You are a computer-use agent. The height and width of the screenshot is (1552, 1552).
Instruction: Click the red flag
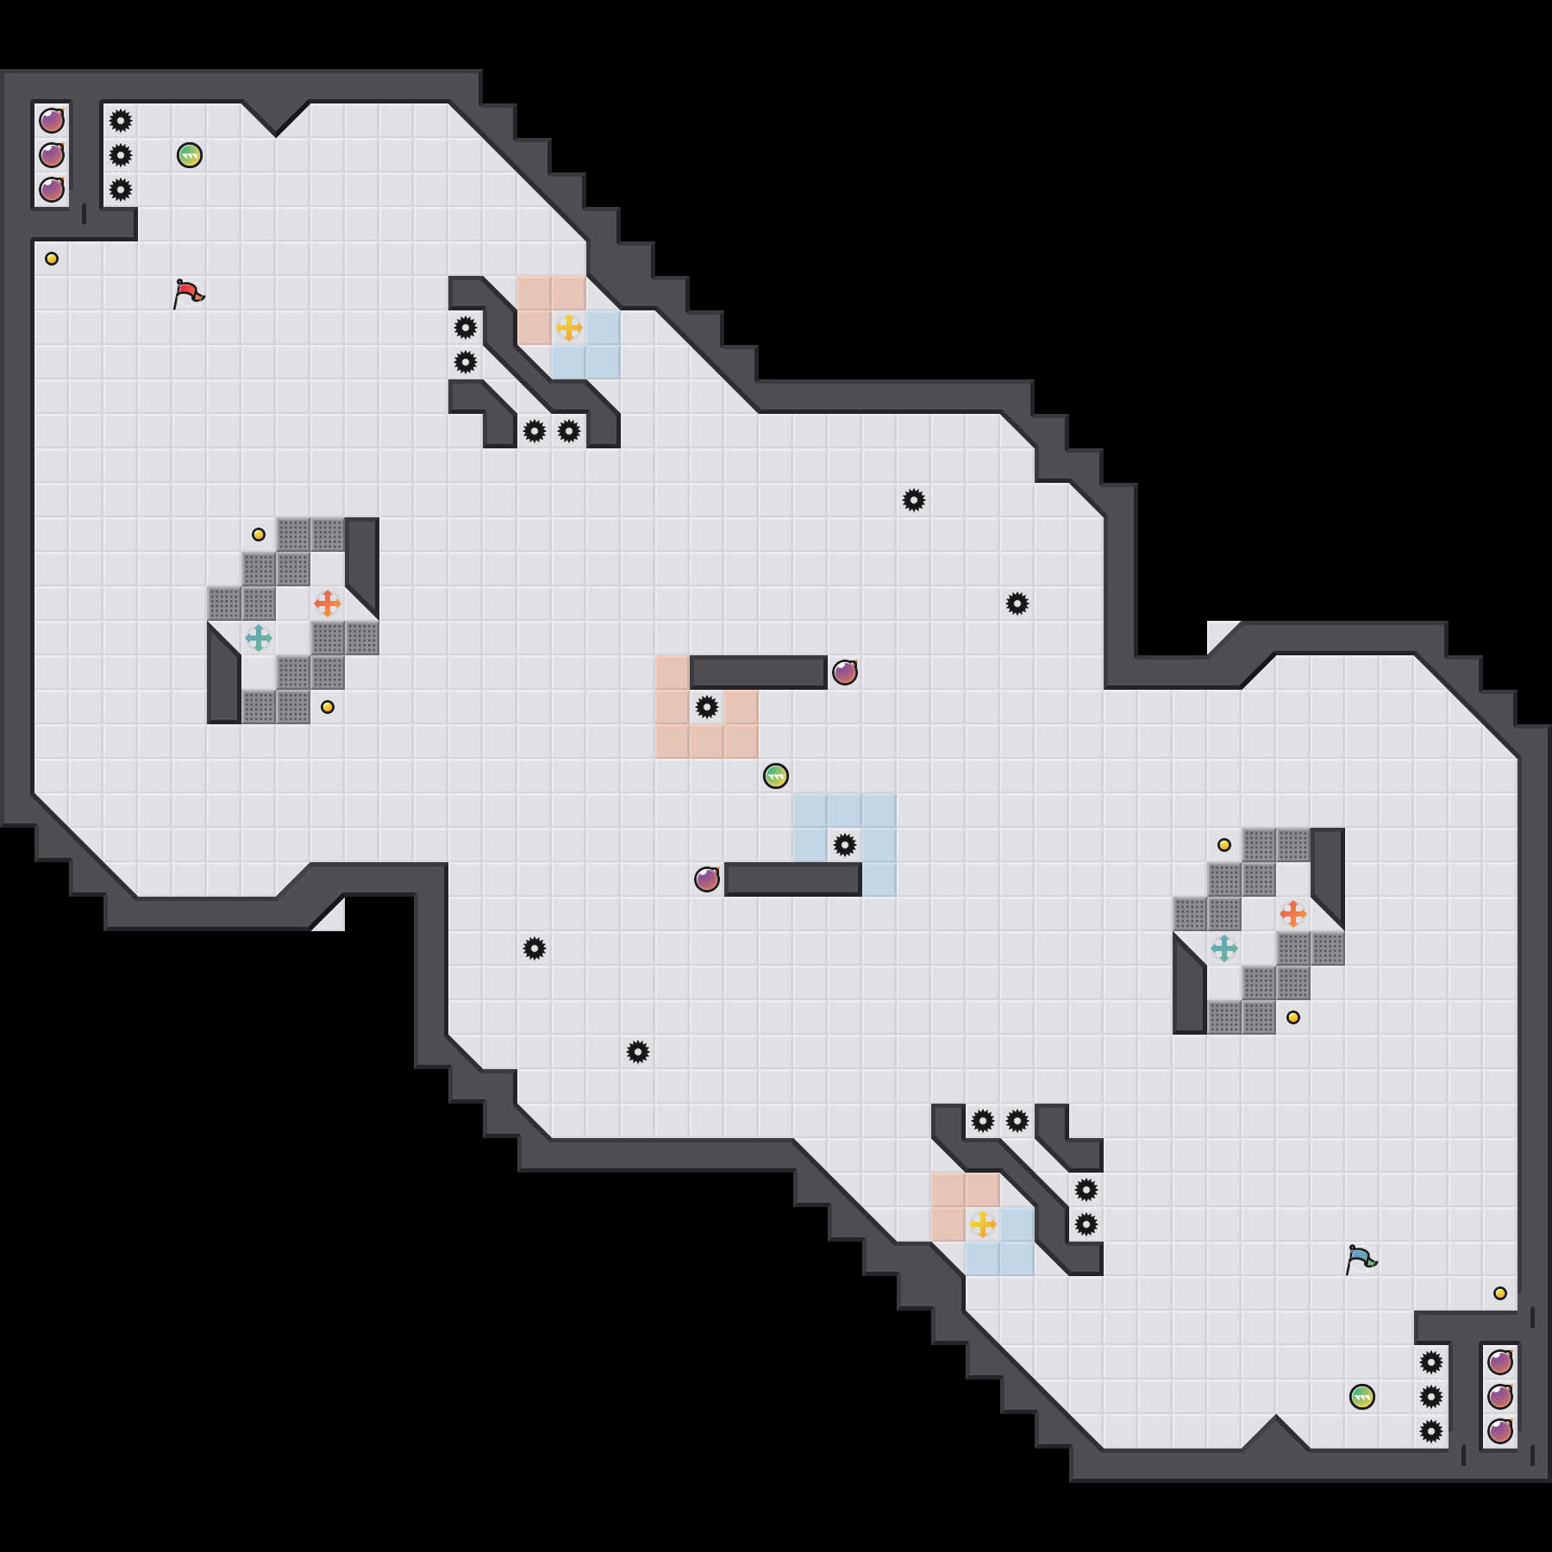click(x=188, y=293)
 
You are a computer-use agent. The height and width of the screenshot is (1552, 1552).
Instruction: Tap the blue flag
click(x=1361, y=1259)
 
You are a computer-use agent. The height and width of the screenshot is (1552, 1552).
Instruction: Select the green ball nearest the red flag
click(x=190, y=155)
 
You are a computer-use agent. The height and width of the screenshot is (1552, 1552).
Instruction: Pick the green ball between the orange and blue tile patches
click(x=776, y=776)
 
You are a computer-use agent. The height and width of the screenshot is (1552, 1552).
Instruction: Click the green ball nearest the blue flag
click(x=1362, y=1397)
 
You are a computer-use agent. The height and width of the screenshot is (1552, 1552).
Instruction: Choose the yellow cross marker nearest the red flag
click(x=569, y=328)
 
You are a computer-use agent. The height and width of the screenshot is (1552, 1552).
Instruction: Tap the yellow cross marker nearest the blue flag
click(x=983, y=1224)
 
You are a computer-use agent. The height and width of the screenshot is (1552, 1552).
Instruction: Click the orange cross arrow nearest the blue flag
click(x=1293, y=914)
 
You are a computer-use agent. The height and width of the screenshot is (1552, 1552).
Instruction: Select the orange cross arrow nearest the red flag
click(x=328, y=604)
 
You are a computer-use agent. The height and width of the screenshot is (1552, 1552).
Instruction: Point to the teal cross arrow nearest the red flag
click(x=259, y=638)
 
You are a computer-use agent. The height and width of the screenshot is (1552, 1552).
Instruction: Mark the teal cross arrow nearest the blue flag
click(x=1224, y=948)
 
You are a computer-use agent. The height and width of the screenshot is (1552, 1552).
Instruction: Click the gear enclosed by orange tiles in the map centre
click(x=707, y=707)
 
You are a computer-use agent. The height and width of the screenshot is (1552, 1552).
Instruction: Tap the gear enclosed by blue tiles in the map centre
click(x=845, y=845)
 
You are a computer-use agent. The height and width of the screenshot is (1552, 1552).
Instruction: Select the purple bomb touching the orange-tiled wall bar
click(x=845, y=673)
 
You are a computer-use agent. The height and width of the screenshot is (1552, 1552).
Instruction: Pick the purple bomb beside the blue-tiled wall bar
click(x=707, y=879)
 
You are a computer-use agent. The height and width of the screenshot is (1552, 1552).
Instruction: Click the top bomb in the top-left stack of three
click(x=52, y=121)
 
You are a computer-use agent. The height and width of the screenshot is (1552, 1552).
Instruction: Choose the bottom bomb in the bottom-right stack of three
click(x=1500, y=1431)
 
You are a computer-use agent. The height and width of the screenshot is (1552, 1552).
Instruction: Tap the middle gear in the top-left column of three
click(x=121, y=155)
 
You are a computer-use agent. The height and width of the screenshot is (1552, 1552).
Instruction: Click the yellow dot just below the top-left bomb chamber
click(x=52, y=259)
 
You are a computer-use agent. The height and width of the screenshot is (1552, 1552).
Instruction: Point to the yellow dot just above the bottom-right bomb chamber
click(x=1500, y=1293)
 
